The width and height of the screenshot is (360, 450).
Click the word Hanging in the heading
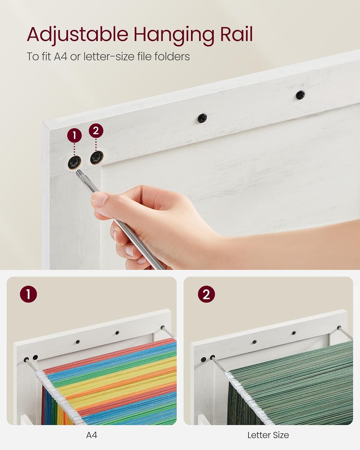pos(174,35)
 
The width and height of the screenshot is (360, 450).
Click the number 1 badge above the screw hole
pos(74,136)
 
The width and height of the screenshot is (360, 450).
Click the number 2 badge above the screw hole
pos(96,131)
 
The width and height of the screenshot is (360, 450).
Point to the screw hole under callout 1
pos(74,163)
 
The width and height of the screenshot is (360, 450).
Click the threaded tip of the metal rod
pos(80,173)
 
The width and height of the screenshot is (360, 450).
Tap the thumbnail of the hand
pos(100,200)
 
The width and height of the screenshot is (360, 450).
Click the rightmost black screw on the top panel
pos(300,95)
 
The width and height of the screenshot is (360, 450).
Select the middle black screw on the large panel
pos(202,118)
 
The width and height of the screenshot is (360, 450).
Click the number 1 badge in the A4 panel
pos(28,294)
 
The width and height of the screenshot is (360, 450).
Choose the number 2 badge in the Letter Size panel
pos(206,294)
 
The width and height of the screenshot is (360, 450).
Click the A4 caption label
pos(91,435)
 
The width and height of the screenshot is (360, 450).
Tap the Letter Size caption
pos(268,435)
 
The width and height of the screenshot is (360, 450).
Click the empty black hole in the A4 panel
pos(35,357)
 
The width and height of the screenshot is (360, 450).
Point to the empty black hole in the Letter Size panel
pos(203,359)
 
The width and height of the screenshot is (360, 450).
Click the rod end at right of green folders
pos(339,328)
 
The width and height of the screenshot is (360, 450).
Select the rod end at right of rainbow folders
pos(163,327)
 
